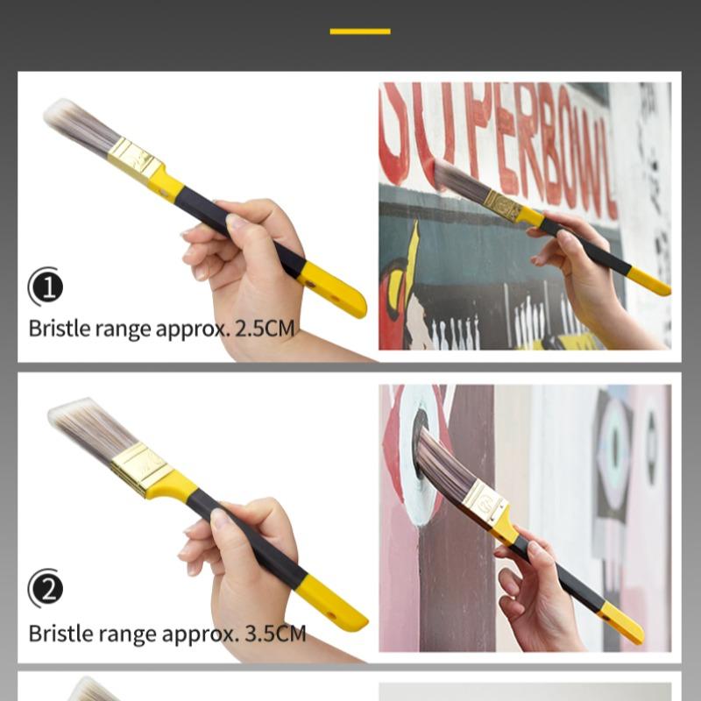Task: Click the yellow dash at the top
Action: (x=360, y=32)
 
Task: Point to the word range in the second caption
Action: (x=121, y=633)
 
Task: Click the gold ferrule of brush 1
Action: (x=133, y=157)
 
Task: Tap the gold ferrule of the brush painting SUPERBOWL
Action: (x=503, y=205)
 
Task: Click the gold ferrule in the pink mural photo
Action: (x=485, y=501)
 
